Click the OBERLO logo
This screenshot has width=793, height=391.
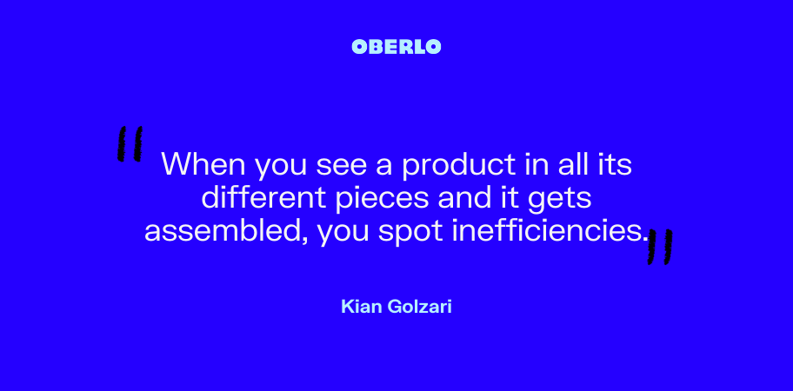pyautogui.click(x=396, y=47)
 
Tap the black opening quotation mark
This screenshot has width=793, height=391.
pyautogui.click(x=130, y=144)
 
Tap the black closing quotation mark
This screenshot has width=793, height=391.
pyautogui.click(x=660, y=247)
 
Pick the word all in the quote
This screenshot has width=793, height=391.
pyautogui.click(x=577, y=163)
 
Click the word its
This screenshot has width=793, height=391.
pyautogui.click(x=616, y=164)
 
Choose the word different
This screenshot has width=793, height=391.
pyautogui.click(x=263, y=198)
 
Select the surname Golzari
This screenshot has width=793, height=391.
pyautogui.click(x=419, y=306)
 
